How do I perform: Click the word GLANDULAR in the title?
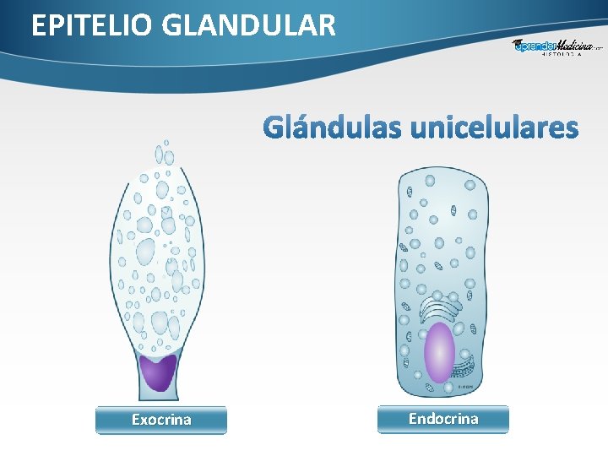point(247,26)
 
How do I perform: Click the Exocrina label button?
point(161,420)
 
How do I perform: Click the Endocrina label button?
point(443,419)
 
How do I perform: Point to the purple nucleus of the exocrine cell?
point(158,372)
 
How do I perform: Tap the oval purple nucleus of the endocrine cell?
point(438,352)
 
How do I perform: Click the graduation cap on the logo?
point(517,43)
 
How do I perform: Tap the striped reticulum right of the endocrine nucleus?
point(467,355)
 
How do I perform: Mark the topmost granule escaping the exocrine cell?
point(166,143)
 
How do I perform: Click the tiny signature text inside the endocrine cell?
point(464,386)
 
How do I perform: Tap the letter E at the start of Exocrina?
point(136,420)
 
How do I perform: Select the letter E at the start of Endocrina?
point(413,419)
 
